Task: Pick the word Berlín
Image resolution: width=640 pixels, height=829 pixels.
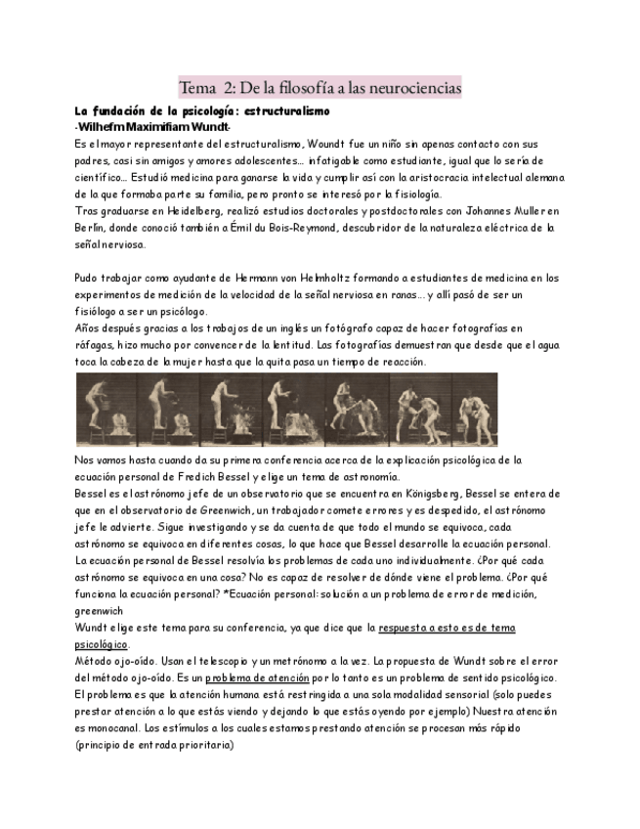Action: (x=91, y=227)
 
